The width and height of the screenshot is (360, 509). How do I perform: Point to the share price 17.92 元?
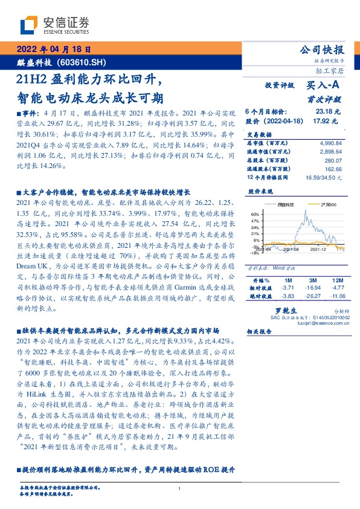(326, 120)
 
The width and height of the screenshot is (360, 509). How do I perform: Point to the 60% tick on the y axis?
(255, 214)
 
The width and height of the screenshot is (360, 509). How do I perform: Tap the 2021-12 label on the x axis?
(318, 248)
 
